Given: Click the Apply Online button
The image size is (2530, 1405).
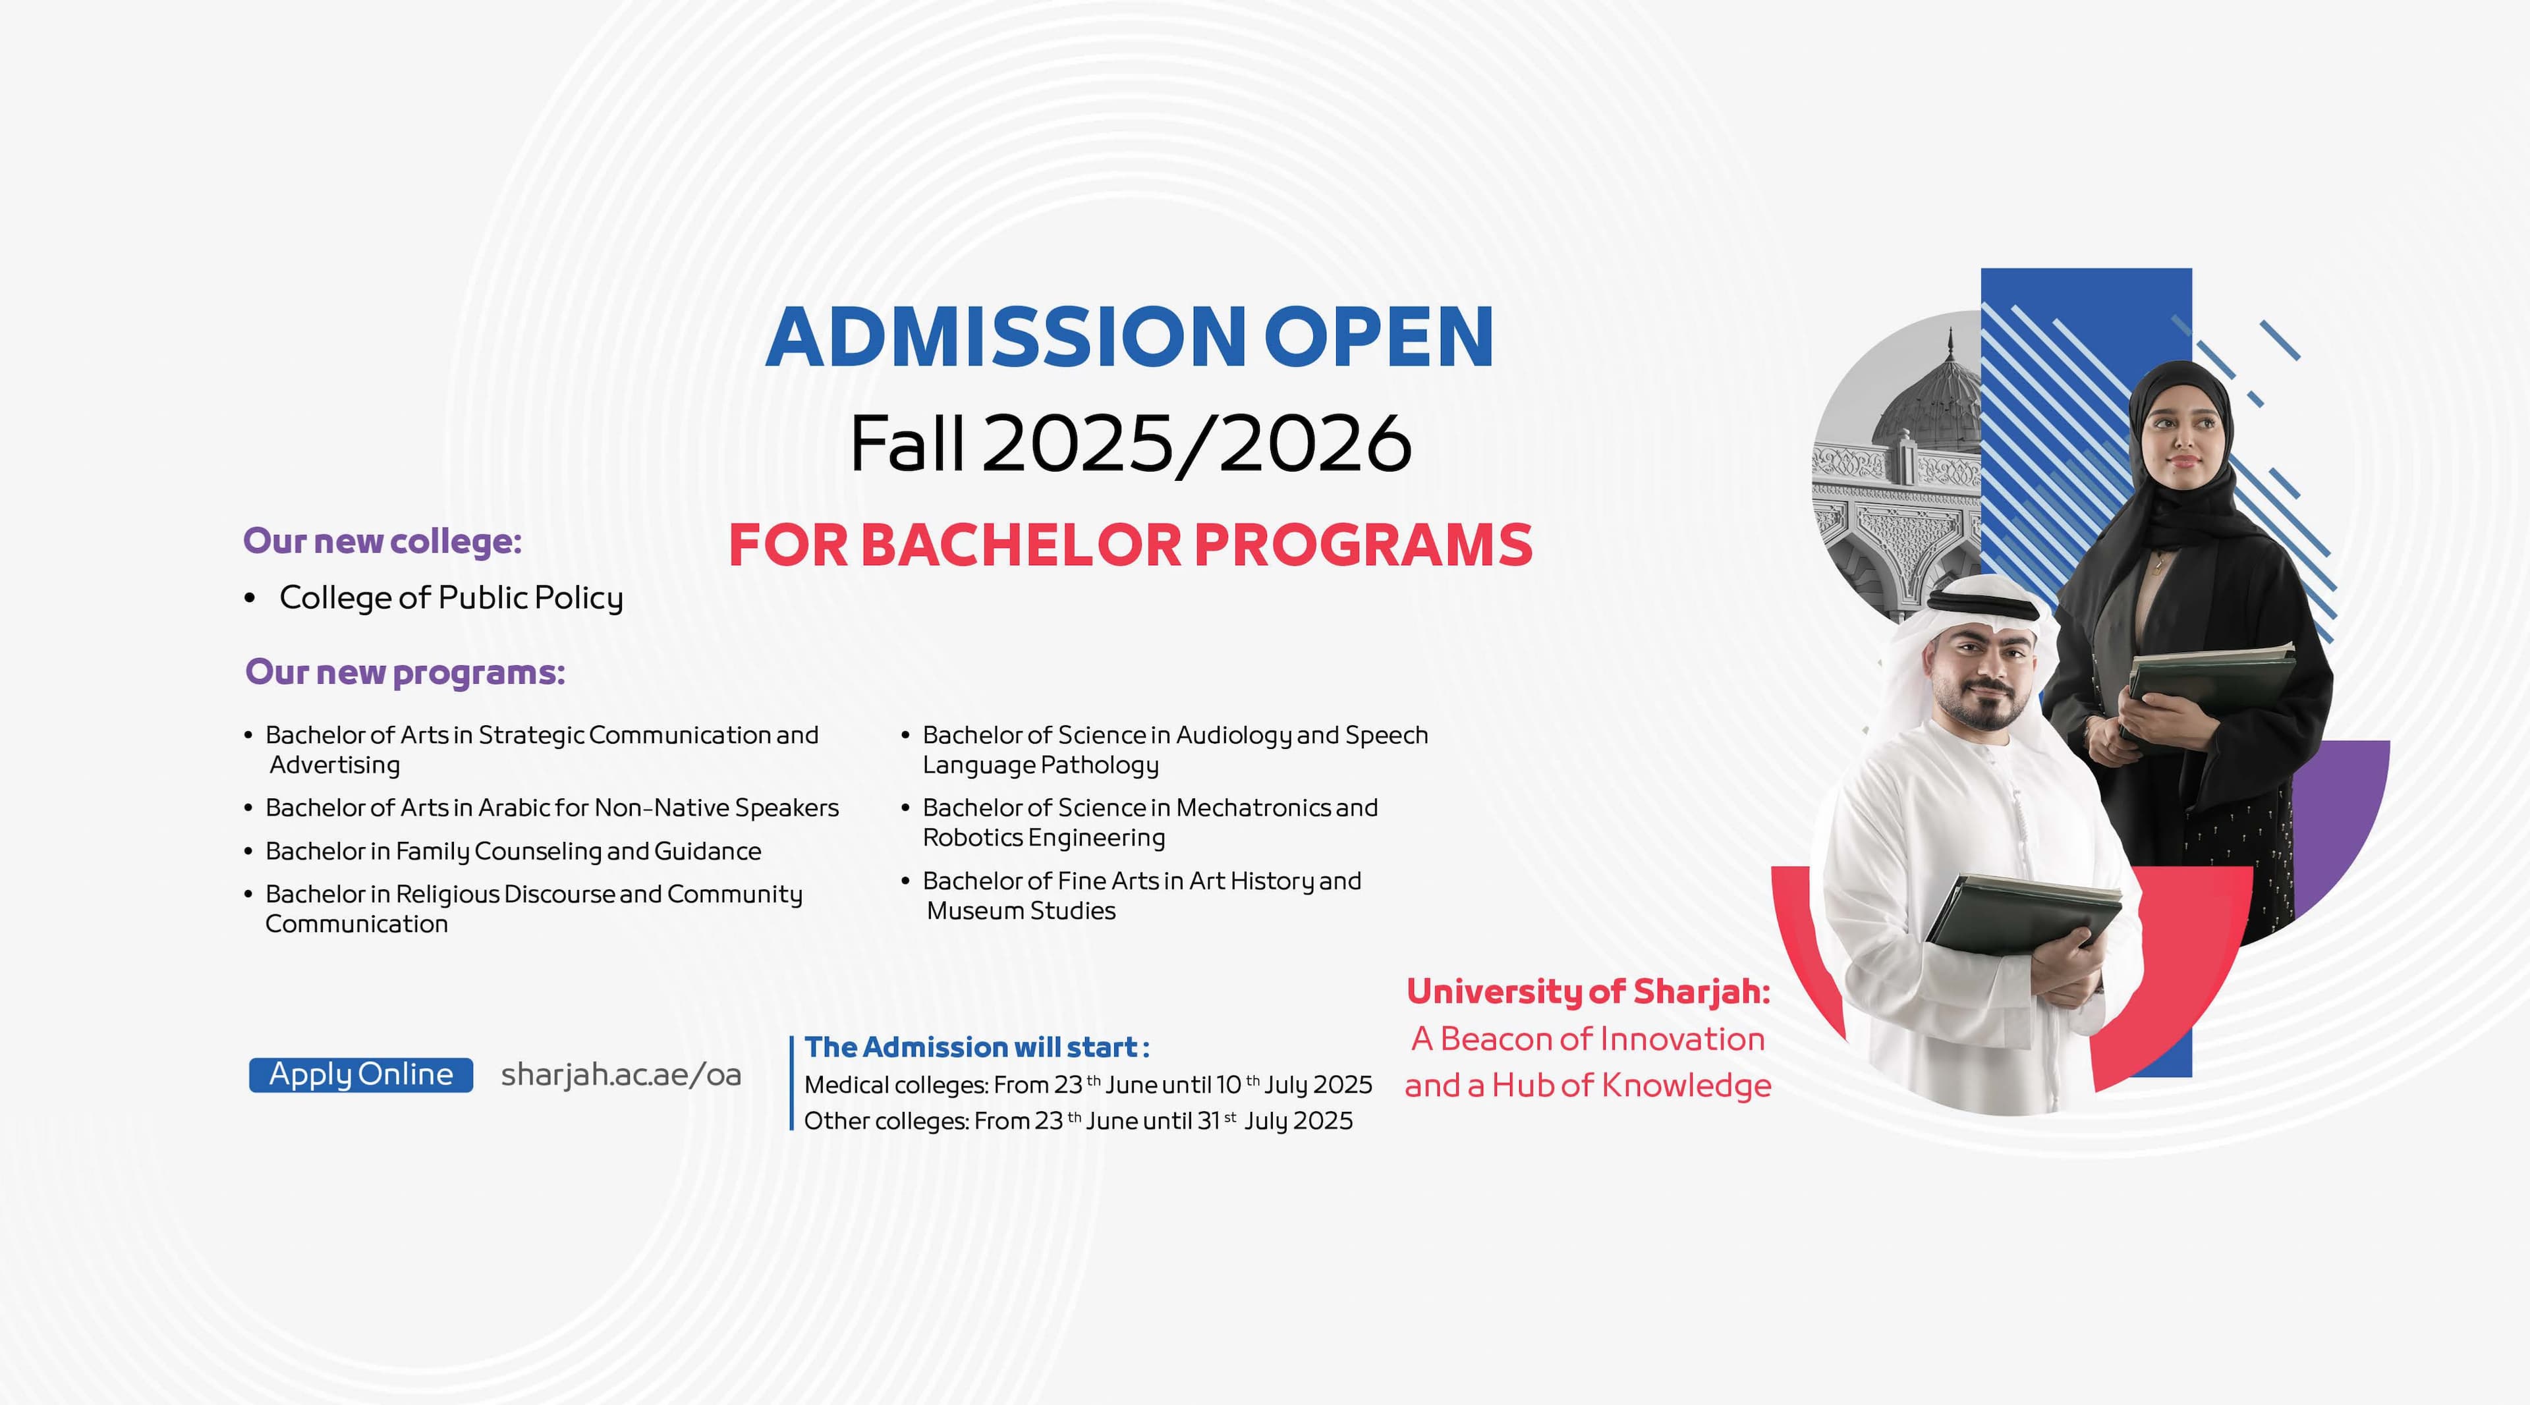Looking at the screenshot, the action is pos(360,1074).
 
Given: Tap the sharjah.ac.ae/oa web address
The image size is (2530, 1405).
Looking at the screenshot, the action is pos(621,1075).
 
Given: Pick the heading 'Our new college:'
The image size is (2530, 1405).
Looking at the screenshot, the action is pos(382,541).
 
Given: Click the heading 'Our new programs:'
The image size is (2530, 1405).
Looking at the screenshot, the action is pos(405,673).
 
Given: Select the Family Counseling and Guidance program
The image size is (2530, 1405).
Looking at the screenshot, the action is pos(513,851).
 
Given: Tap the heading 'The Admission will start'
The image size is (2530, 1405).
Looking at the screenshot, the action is pos(976,1047).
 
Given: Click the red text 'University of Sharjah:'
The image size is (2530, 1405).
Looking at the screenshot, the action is pos(1588,991).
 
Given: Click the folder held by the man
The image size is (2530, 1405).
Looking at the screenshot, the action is pos(2023,913).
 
